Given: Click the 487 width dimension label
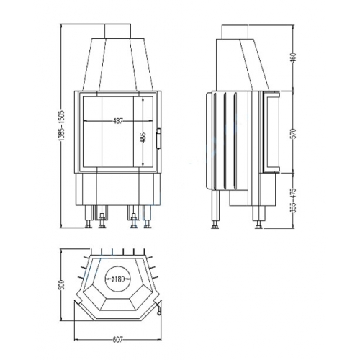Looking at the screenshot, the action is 118,121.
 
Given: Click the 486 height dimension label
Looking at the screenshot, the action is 143,138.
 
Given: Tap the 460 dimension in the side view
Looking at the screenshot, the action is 294,57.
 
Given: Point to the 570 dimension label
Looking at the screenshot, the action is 294,133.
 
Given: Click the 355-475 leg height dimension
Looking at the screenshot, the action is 294,200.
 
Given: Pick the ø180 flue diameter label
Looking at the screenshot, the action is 118,279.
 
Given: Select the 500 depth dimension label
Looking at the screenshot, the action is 61,284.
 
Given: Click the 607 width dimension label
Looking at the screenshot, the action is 117,340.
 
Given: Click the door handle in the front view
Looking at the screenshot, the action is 159,138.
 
